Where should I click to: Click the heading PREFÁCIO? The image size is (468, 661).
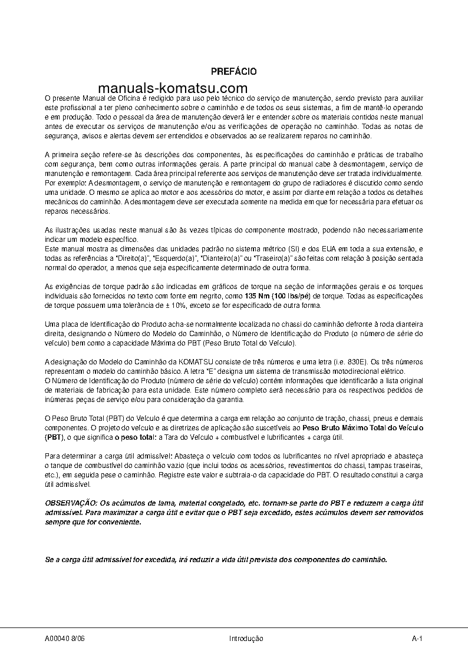[x=233, y=71]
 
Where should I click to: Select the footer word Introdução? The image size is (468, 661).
[x=246, y=639]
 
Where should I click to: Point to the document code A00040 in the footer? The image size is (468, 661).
[x=57, y=639]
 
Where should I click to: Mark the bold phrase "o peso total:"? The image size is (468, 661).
[x=136, y=437]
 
